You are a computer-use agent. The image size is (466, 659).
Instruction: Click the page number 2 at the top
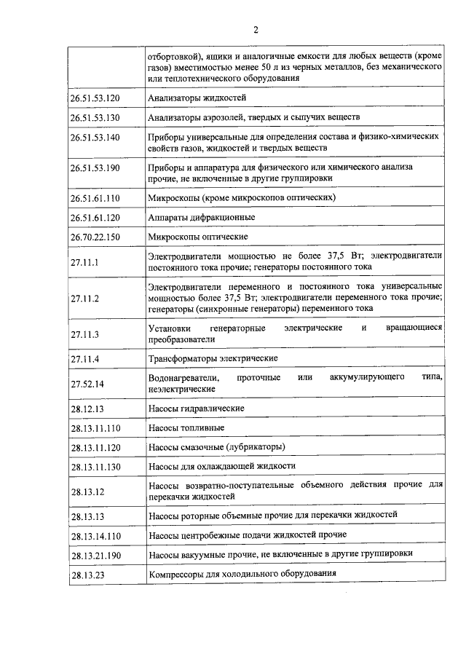[x=256, y=30]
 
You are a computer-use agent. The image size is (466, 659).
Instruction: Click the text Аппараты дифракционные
[x=201, y=217]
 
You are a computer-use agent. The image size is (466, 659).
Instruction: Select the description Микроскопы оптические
[x=197, y=237]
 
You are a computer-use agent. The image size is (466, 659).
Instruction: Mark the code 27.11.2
[x=84, y=298]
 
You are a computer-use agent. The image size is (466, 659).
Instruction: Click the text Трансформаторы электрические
[x=212, y=359]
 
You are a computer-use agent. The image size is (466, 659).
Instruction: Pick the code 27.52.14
[x=87, y=384]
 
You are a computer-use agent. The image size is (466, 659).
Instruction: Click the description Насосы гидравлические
[x=196, y=409]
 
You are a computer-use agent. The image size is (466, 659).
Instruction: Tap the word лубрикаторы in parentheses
[x=255, y=446]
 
